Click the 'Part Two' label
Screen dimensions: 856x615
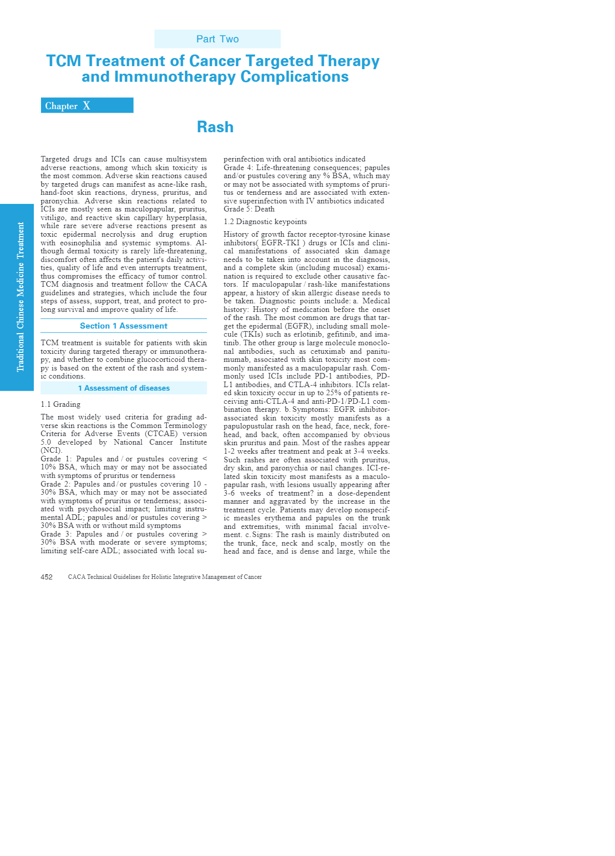point(217,39)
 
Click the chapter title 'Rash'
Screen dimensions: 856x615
point(215,127)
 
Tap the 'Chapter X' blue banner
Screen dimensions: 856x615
point(87,105)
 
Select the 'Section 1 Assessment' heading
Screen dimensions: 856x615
point(124,326)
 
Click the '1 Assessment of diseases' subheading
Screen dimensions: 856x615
point(124,388)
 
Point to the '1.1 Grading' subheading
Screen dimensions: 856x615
point(61,404)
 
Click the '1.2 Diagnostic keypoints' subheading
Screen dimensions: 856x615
point(265,222)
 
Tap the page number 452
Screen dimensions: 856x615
point(46,577)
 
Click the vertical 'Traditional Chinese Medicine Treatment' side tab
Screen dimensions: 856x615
point(20,297)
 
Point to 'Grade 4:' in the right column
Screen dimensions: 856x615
point(238,168)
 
